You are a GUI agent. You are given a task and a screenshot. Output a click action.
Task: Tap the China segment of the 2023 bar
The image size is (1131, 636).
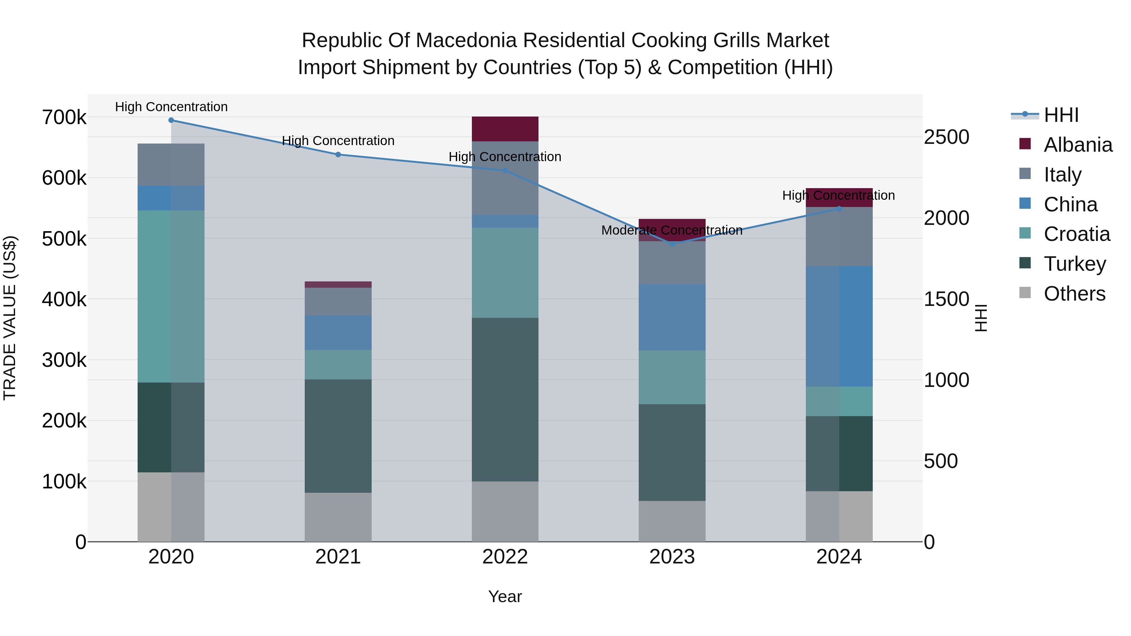(672, 317)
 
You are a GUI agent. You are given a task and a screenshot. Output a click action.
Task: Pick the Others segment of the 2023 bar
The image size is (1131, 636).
(672, 521)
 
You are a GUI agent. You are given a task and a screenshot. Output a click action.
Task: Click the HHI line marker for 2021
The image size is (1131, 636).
(338, 155)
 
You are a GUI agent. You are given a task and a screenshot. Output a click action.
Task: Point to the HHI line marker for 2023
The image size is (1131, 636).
(672, 244)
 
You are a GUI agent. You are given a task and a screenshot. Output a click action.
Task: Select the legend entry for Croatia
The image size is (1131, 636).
(1077, 234)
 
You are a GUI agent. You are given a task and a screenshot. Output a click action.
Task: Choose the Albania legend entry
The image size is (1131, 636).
(1078, 145)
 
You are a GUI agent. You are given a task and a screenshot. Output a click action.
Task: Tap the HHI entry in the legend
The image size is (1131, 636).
(1061, 115)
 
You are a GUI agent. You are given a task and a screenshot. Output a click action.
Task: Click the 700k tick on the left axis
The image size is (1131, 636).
(64, 118)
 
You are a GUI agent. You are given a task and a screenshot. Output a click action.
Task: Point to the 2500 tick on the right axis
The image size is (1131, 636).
(947, 137)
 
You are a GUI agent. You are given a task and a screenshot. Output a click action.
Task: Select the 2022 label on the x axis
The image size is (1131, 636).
(505, 557)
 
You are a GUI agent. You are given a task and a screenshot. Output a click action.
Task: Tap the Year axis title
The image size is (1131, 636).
(505, 596)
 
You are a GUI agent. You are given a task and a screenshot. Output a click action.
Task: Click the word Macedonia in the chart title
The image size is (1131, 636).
(465, 41)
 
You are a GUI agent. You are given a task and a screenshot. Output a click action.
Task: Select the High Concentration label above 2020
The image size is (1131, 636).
(171, 107)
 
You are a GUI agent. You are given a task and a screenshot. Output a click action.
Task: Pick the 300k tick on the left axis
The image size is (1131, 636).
(64, 360)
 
